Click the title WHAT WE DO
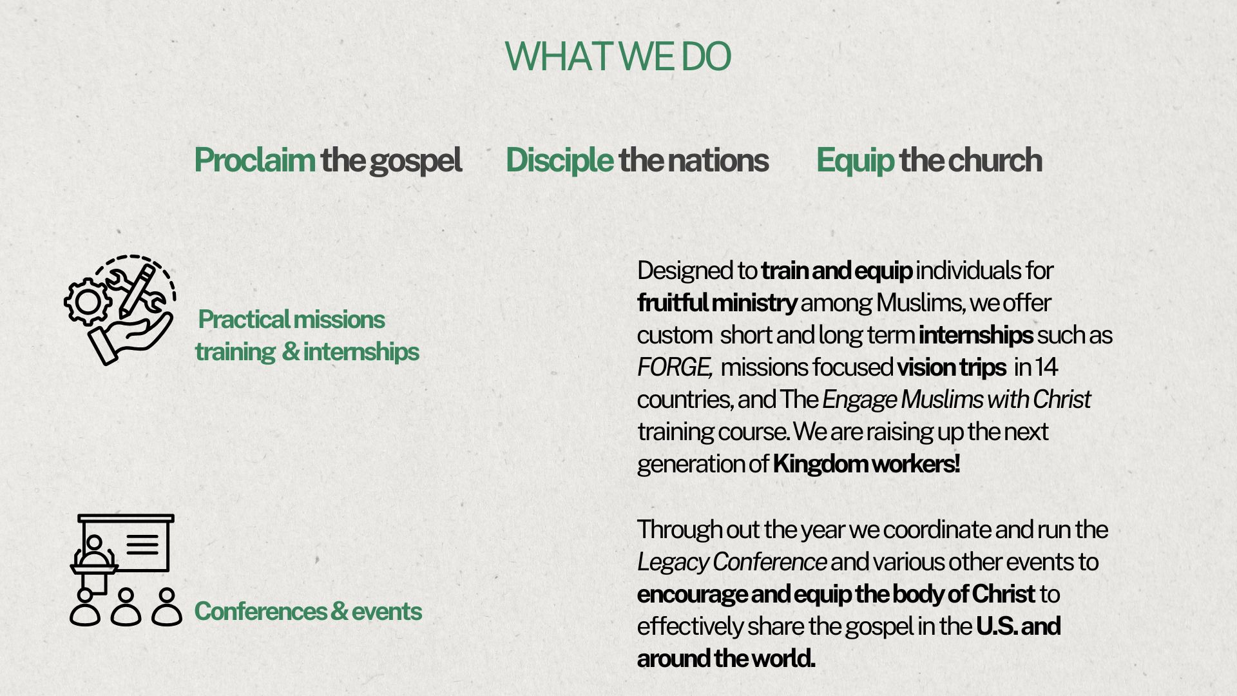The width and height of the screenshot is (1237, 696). tap(618, 57)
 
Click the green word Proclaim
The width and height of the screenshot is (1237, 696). tap(254, 160)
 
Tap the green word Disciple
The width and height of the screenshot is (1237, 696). tap(559, 160)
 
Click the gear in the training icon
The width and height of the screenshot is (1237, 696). tap(87, 300)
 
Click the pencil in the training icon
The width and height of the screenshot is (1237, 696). tap(137, 291)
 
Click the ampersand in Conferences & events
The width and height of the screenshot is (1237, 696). tap(339, 611)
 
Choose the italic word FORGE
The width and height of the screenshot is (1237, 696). tap(674, 367)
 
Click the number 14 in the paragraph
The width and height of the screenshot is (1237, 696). tap(1046, 367)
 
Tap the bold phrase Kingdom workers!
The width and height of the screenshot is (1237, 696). tap(867, 463)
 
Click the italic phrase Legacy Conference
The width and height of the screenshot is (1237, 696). tap(732, 562)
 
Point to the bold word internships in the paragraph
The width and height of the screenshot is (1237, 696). tap(975, 335)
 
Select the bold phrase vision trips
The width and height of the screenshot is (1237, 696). tap(951, 367)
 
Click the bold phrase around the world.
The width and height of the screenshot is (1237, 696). tap(726, 658)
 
